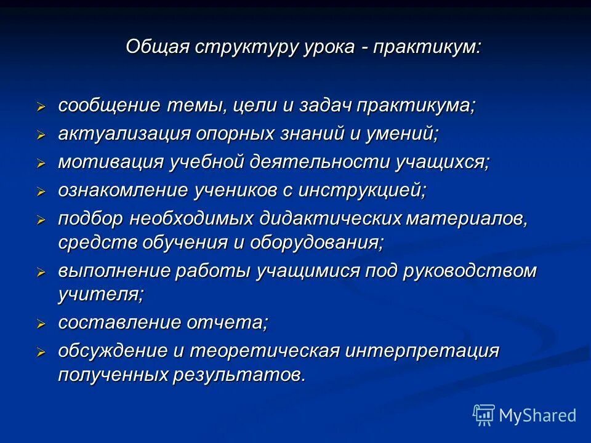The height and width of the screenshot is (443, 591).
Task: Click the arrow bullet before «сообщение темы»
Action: click(41, 106)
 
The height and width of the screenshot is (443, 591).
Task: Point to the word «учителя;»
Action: click(100, 295)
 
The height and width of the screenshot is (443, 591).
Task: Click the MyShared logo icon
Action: click(484, 415)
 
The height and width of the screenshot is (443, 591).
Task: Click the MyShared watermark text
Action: click(537, 415)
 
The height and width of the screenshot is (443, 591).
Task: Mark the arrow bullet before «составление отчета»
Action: click(41, 324)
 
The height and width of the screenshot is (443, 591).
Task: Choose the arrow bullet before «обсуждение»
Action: click(41, 352)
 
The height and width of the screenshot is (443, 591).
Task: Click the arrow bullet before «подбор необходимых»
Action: click(41, 219)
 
